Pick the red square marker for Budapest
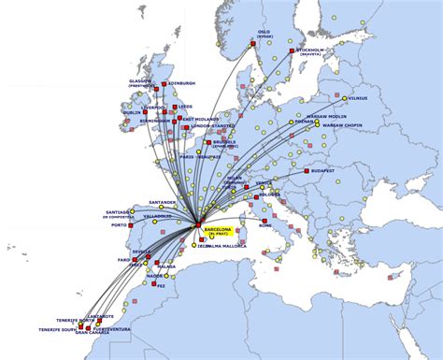pyautogui.click(x=307, y=171)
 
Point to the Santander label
pyautogui.click(x=161, y=202)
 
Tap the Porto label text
pyautogui.click(x=119, y=225)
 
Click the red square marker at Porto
pyautogui.click(x=132, y=224)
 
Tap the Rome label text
pyautogui.click(x=265, y=226)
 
